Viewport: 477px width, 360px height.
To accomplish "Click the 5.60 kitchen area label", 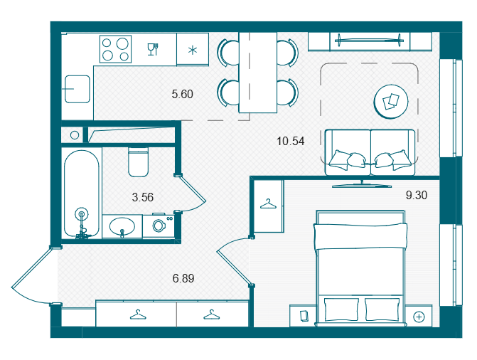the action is point(182,94).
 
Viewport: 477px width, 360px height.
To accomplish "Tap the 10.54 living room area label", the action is point(291,141).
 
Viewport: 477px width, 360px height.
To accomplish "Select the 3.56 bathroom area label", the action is point(143,197).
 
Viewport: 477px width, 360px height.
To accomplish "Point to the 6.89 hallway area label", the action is point(183,278).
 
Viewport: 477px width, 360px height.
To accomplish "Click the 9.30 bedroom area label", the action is point(417,195).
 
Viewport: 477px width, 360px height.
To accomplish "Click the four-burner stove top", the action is point(116,49).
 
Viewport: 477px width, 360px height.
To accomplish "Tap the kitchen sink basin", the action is point(77,89).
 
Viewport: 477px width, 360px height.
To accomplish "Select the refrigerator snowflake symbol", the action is point(192,50).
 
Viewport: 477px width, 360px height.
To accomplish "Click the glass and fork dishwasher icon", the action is point(153,49).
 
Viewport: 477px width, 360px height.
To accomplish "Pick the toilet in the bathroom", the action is point(139,162).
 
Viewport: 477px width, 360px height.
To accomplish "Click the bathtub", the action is point(82,194).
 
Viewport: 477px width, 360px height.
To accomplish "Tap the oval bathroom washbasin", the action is point(122,226).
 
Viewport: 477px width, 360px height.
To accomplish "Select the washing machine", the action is point(159,226).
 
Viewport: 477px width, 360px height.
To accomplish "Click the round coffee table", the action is point(391,102).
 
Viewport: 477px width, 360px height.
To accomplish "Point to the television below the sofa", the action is point(362,184).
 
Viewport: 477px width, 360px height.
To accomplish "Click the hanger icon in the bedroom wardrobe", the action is point(268,204).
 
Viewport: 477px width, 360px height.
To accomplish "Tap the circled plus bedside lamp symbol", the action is point(419,317).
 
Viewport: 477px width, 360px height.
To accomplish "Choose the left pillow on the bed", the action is point(342,309).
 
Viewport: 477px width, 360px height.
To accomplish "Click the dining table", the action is point(258,73).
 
